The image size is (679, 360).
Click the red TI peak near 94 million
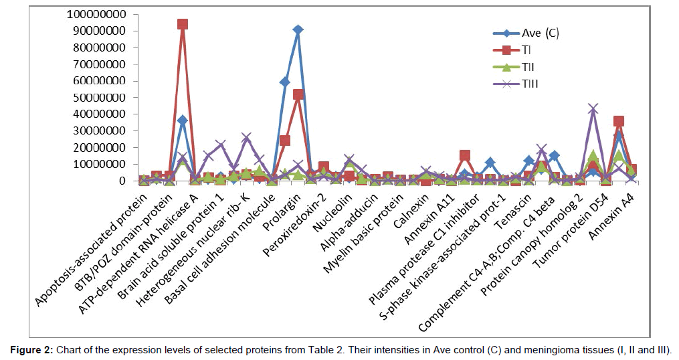pyautogui.click(x=182, y=24)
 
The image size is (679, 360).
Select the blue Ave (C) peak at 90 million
pyautogui.click(x=298, y=30)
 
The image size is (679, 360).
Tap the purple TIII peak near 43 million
pyautogui.click(x=592, y=108)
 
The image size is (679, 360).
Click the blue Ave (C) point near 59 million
pyautogui.click(x=285, y=82)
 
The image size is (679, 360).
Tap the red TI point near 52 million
pyautogui.click(x=298, y=94)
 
